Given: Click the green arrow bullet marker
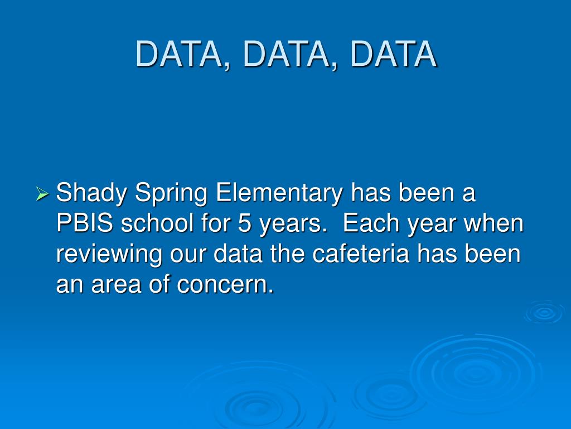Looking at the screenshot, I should click(x=42, y=195).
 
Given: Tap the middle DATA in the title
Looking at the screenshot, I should click(x=287, y=54).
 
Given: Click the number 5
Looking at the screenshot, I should click(x=244, y=225).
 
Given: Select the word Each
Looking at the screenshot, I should click(x=369, y=225).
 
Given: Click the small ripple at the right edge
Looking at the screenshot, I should click(x=544, y=312).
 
